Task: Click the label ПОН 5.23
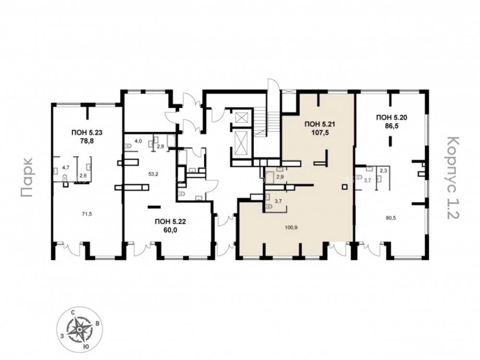(x=86, y=133)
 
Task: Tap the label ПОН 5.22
(x=170, y=222)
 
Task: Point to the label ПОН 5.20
(x=392, y=117)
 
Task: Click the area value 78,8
(x=86, y=141)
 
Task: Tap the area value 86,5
(x=392, y=125)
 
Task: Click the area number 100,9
(x=290, y=228)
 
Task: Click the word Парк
(x=26, y=177)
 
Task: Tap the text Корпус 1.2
(x=454, y=178)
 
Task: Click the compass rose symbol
(x=79, y=329)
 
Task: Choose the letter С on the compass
(x=73, y=312)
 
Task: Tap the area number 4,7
(x=66, y=168)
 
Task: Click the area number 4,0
(x=139, y=141)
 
